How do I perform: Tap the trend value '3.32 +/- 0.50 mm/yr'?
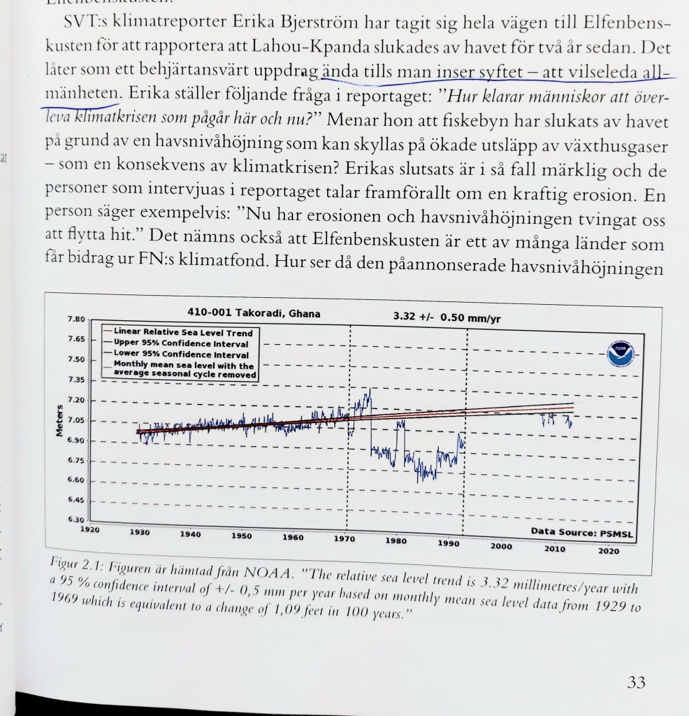[x=447, y=317]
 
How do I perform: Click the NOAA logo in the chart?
[x=620, y=355]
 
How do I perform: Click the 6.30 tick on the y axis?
[x=76, y=520]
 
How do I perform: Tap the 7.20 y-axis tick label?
[x=76, y=399]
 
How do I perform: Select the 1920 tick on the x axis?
[x=90, y=530]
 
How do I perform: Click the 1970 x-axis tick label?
[x=344, y=539]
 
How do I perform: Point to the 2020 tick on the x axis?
[x=608, y=551]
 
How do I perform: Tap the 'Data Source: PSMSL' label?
[x=583, y=532]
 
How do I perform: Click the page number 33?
[x=635, y=682]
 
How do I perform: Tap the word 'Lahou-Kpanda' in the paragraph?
[x=275, y=50]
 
